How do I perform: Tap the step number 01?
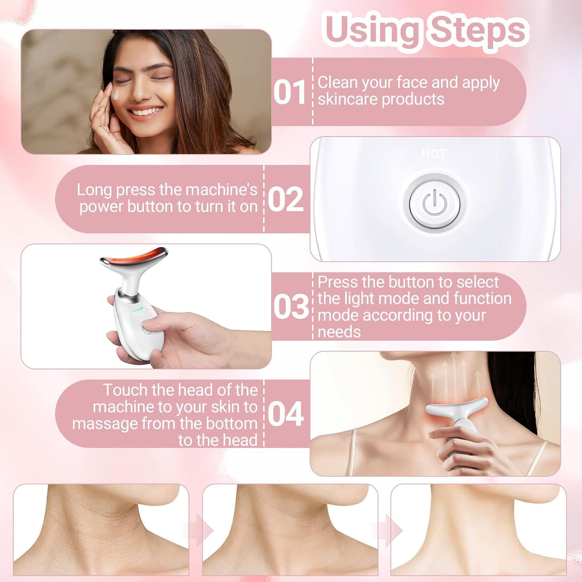[x=290, y=92]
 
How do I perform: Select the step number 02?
[x=286, y=199]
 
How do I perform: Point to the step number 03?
[x=291, y=307]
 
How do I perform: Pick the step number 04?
[x=286, y=414]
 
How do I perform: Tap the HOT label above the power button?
[x=434, y=154]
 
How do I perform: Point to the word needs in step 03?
[x=339, y=332]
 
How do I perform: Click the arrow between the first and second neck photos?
[x=196, y=530]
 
